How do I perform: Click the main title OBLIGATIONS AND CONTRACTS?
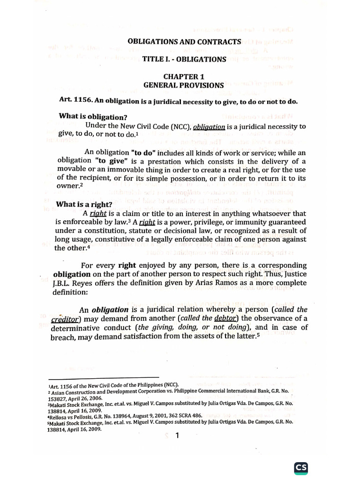(x=184, y=41)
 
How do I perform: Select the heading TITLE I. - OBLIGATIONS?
(x=185, y=59)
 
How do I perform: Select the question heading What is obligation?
(x=93, y=116)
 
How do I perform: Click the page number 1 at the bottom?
(x=177, y=436)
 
